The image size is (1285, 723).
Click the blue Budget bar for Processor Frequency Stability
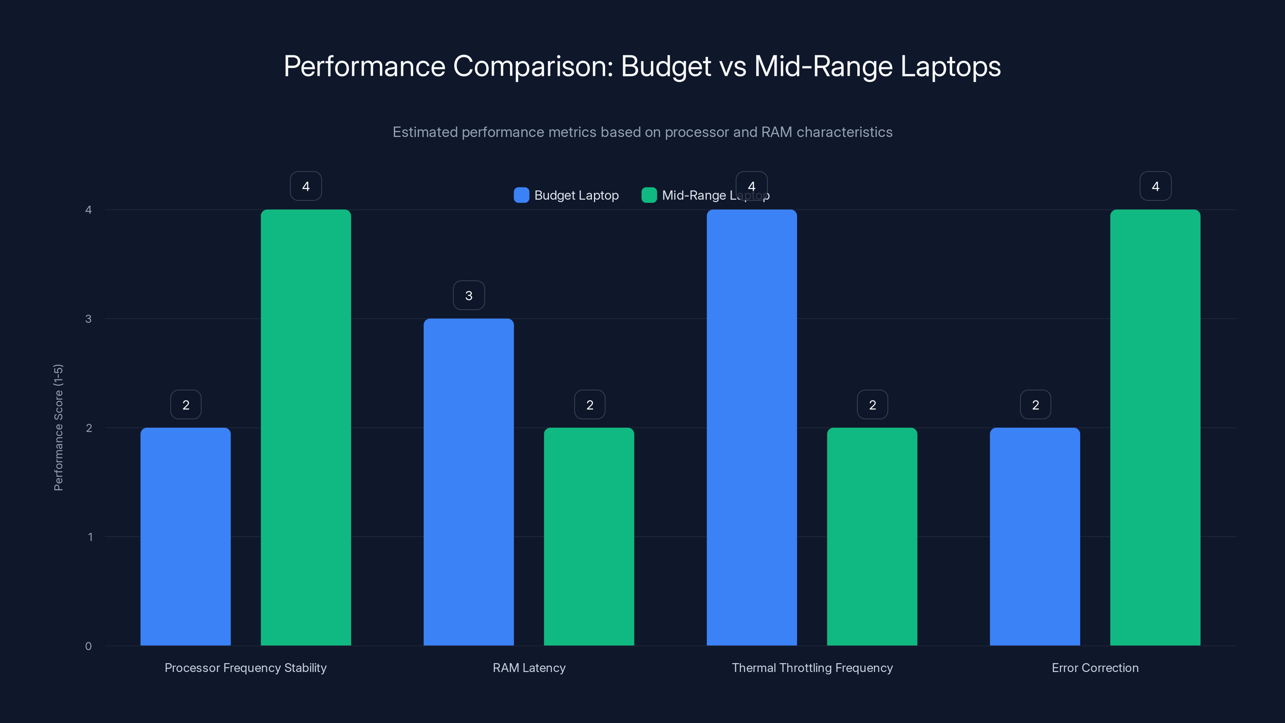(186, 536)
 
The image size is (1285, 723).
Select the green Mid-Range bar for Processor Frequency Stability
(306, 428)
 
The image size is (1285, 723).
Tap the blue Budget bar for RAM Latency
(468, 482)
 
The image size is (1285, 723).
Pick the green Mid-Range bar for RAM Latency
(589, 536)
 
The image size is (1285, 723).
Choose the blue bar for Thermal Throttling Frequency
(751, 428)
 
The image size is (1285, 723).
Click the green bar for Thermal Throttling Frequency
(872, 536)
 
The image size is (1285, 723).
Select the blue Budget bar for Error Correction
(1034, 536)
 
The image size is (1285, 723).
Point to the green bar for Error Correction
(1155, 428)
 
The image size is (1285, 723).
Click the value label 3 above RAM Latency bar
(468, 295)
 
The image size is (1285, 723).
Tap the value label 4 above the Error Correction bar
(1155, 186)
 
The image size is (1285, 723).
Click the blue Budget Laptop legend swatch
(521, 195)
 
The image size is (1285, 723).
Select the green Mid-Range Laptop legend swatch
(649, 195)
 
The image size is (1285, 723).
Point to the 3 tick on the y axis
(88, 319)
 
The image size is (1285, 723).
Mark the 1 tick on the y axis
(90, 537)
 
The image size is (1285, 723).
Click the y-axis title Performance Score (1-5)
(58, 428)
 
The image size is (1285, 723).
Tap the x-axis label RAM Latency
(529, 668)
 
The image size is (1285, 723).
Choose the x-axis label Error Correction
(1095, 668)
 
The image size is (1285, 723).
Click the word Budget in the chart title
(665, 66)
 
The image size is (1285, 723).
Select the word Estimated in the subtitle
(424, 132)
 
